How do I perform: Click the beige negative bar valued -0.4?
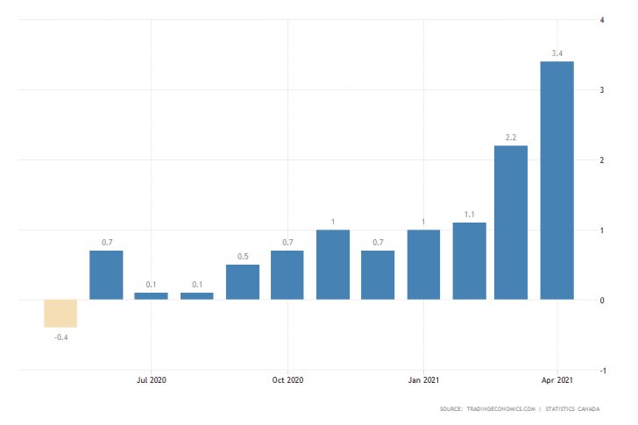[x=61, y=314]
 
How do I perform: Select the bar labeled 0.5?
[x=243, y=282]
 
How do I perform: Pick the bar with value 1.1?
[x=470, y=261]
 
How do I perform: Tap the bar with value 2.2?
[x=511, y=223]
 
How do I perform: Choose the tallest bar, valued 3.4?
[x=556, y=181]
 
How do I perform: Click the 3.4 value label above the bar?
[x=556, y=54]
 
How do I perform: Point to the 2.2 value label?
[x=511, y=138]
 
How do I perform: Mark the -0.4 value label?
[x=61, y=337]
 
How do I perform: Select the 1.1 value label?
[x=470, y=216]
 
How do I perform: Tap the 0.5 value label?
[x=243, y=258]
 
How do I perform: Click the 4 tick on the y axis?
[x=600, y=19]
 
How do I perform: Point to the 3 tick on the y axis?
[x=600, y=90]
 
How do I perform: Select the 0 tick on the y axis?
[x=600, y=301]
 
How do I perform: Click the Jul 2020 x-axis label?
[x=152, y=380]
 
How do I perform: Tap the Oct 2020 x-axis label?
[x=287, y=380]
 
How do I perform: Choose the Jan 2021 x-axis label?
[x=423, y=380]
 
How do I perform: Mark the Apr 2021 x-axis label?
[x=557, y=380]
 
